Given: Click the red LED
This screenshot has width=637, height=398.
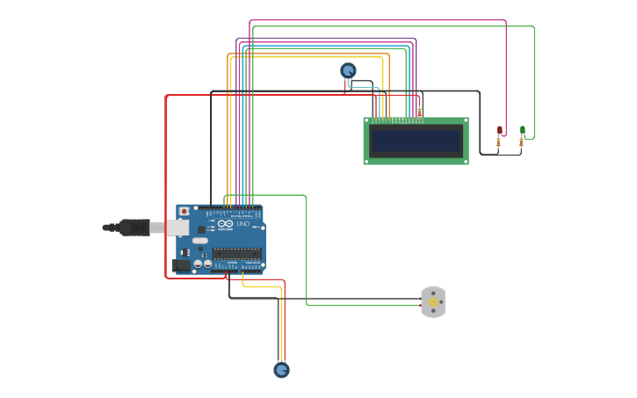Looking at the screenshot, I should point(500,130).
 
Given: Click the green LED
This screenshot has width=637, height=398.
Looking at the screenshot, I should point(523,130).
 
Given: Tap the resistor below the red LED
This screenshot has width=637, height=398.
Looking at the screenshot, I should point(499,142).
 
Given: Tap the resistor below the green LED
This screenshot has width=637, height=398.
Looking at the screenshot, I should point(521,142).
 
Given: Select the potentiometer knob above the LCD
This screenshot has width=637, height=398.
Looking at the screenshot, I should point(348,70).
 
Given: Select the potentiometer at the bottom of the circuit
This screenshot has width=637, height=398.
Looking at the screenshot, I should point(281,370).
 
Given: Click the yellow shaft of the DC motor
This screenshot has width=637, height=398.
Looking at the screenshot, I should point(433,302).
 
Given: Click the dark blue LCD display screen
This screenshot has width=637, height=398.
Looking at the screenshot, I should point(416,141).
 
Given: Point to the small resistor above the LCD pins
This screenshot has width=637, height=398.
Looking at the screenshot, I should point(419,112).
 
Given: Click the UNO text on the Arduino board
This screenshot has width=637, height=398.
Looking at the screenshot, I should point(243,225).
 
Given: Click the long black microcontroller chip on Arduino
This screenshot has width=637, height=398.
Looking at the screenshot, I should point(235,253).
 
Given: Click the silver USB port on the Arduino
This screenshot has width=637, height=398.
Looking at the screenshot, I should point(177,228).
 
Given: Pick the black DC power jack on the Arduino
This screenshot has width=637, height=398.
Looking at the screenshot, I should point(182,264).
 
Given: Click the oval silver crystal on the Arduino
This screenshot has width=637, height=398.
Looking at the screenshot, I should point(200,241).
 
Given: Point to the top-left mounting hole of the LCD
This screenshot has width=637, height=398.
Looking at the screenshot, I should point(368,121).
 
